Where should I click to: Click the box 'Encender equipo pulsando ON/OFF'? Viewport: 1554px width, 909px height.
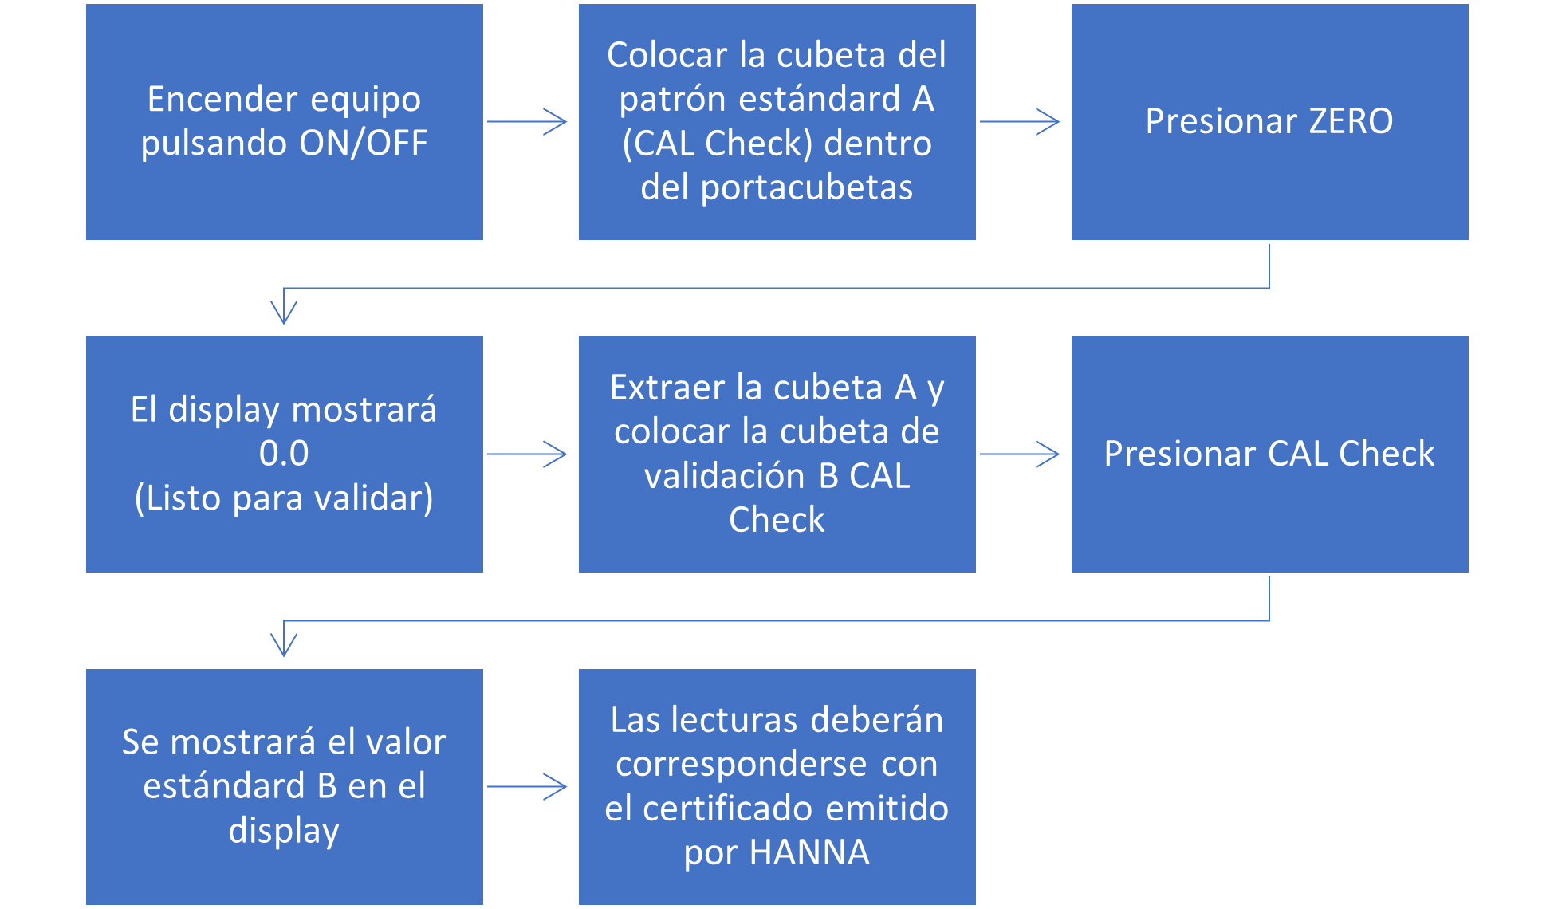tap(285, 122)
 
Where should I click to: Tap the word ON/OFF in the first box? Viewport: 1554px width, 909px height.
tap(364, 144)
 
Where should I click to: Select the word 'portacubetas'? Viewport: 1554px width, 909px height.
tap(807, 188)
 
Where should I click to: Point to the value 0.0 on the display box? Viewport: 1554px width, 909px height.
tap(284, 454)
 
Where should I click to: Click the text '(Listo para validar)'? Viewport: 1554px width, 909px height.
tap(284, 498)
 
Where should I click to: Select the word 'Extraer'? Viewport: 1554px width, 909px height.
tap(667, 388)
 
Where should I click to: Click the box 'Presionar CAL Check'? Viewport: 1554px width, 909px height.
tap(1270, 454)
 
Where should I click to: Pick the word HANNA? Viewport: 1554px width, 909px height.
tap(809, 852)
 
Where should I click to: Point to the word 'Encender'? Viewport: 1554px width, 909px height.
tap(223, 100)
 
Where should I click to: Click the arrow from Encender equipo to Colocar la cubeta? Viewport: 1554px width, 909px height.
tap(527, 122)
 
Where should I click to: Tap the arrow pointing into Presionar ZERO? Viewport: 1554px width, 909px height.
tap(1020, 122)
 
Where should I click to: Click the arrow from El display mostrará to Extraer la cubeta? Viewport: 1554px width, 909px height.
tap(527, 454)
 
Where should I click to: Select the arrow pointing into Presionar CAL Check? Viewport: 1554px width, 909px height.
tap(1020, 454)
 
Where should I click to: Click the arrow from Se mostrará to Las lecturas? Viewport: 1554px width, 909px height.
tap(527, 787)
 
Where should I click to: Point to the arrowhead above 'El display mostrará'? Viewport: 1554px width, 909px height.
tap(284, 313)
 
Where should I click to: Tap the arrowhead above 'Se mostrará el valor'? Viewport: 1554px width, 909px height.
tap(284, 645)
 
